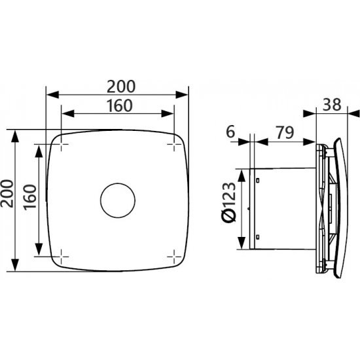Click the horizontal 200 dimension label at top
pyautogui.click(x=121, y=86)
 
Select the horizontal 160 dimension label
pyautogui.click(x=120, y=105)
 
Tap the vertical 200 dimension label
pyautogui.click(x=7, y=194)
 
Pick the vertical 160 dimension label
pyautogui.click(x=30, y=196)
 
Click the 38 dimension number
pyautogui.click(x=332, y=105)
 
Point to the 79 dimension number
pyautogui.click(x=285, y=132)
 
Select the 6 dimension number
pyautogui.click(x=231, y=132)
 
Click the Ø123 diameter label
pyautogui.click(x=229, y=203)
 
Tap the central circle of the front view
pyautogui.click(x=118, y=200)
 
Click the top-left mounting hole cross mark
pyautogui.click(x=62, y=144)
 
